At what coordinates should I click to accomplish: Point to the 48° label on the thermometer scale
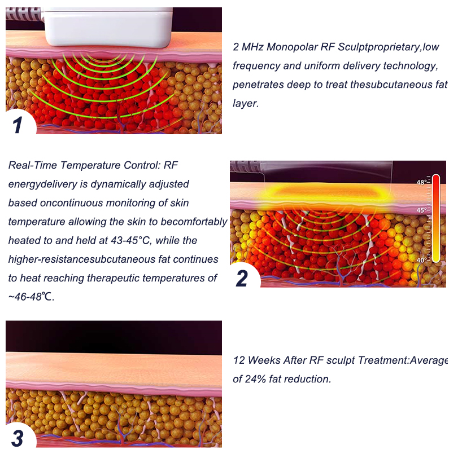(421, 182)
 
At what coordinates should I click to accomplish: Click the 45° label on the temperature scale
(421, 210)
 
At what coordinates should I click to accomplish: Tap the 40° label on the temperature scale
(421, 260)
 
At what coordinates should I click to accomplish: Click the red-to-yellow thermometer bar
(435, 218)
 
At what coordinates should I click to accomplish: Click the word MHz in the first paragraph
(252, 47)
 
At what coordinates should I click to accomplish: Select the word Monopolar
(292, 47)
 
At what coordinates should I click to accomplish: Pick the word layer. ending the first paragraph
(246, 103)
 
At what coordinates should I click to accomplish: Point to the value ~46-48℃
(31, 297)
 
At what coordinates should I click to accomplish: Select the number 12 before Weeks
(239, 360)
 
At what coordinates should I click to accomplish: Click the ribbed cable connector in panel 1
(24, 15)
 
